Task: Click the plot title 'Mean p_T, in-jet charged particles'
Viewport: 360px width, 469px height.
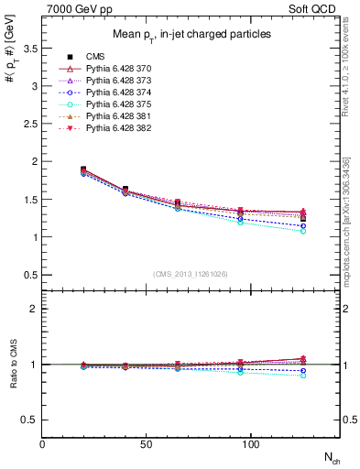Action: pos(190,34)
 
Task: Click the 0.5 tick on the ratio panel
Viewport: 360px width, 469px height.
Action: pos(32,420)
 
